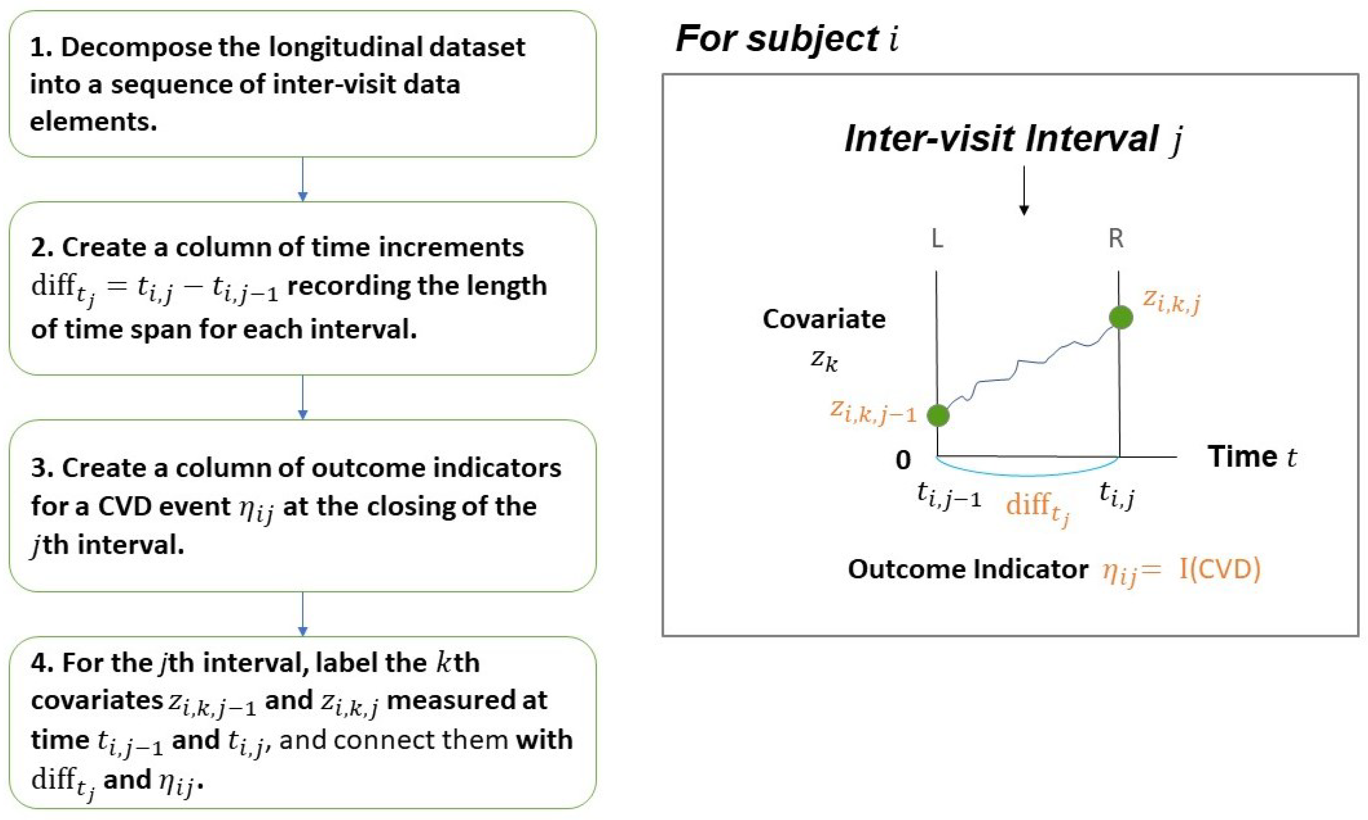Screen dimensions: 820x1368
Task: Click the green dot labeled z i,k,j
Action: point(1120,317)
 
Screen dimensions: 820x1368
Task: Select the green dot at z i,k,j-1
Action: point(938,415)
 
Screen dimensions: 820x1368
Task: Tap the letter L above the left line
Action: point(937,239)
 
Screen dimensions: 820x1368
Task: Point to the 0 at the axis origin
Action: point(903,460)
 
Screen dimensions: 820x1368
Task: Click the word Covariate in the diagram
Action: point(824,319)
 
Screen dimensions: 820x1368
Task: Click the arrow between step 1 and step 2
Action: point(303,180)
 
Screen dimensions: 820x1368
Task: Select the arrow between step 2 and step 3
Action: point(303,397)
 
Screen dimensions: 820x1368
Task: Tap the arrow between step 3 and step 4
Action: point(303,614)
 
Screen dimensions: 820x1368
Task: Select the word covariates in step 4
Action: point(97,701)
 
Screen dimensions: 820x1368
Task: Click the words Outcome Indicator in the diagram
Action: point(968,569)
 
